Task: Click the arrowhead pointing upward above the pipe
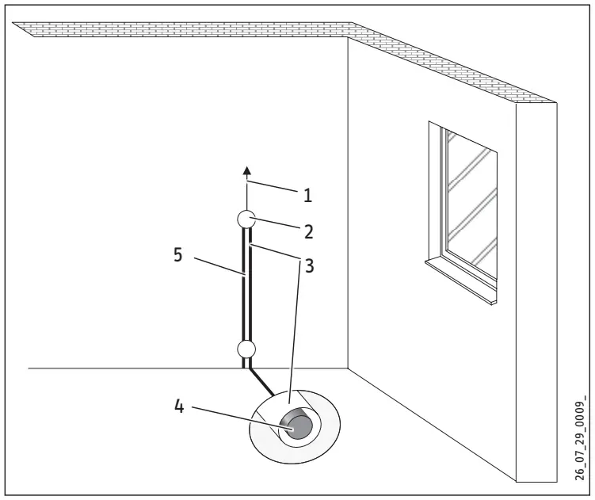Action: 246,170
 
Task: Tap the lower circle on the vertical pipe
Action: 246,347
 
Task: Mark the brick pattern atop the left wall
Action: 182,29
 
